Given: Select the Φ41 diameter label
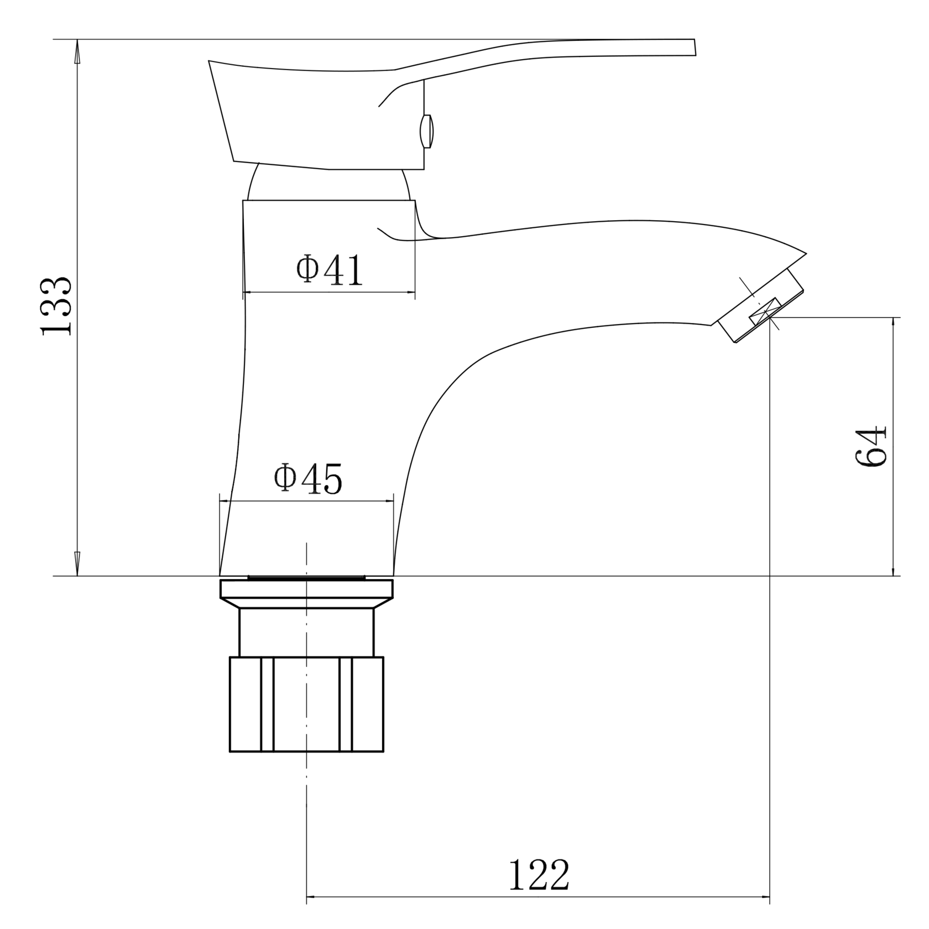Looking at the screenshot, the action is (x=330, y=269).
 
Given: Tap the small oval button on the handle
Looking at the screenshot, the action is (x=426, y=131).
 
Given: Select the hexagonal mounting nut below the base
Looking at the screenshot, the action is (x=306, y=704).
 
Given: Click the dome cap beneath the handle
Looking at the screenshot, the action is (x=328, y=185).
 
